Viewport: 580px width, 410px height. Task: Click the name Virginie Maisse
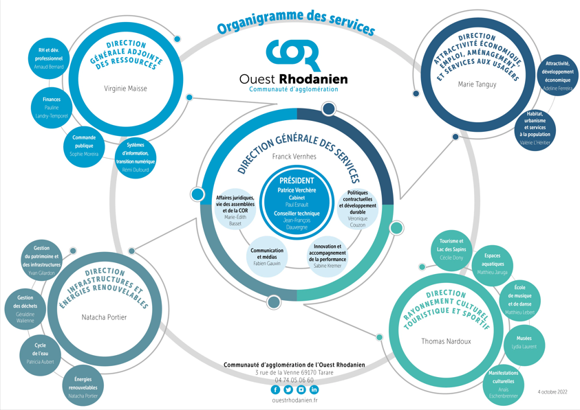[x=125, y=89]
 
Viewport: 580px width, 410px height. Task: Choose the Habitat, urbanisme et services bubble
[x=535, y=128]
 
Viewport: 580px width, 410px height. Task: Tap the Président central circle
[x=297, y=200]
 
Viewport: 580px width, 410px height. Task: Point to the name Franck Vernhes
[x=294, y=157]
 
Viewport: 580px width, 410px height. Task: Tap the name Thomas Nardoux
[x=446, y=341]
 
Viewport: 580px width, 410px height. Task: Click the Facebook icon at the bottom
[x=276, y=389]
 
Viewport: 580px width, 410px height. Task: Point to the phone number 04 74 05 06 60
[x=294, y=380]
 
